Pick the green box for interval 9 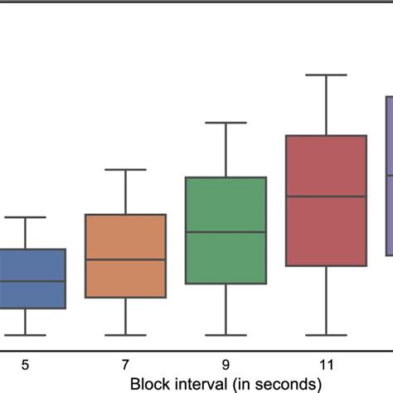click(226, 207)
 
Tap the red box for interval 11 click(326, 166)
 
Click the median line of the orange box click(125, 260)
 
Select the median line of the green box click(226, 232)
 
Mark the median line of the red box click(326, 196)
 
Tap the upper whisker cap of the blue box click(25, 217)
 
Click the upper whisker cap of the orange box click(125, 170)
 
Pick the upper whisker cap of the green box click(226, 123)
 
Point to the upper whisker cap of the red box click(326, 75)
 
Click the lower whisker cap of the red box click(326, 335)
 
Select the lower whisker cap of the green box click(226, 335)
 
